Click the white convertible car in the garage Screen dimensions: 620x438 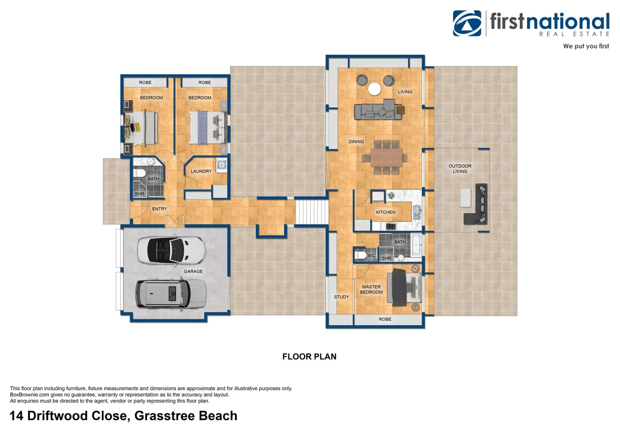pos(172,251)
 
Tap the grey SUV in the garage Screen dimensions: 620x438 pos(171,294)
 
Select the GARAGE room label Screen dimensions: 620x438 pos(193,271)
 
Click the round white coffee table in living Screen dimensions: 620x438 pos(374,89)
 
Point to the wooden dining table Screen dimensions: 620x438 pos(387,157)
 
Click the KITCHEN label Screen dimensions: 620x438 pos(386,212)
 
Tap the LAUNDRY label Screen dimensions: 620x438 pos(201,171)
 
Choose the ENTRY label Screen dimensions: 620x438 pos(160,209)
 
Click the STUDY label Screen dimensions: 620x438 pos(341,297)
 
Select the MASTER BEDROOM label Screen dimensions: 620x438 pos(371,290)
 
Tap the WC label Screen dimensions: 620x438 pos(371,255)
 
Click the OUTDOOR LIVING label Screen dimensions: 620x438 pos(460,169)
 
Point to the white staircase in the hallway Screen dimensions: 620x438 pos(312,212)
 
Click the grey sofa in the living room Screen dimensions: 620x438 pos(378,110)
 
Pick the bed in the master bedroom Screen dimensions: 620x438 pos(404,287)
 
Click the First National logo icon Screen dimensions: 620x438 pos(467,23)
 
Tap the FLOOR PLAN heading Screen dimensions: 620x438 pos(309,356)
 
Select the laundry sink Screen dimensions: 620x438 pos(221,165)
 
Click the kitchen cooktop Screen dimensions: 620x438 pos(391,226)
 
